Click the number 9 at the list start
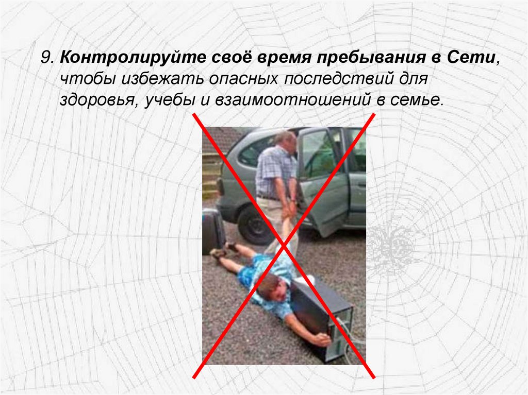click(x=47, y=58)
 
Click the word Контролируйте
click(x=133, y=58)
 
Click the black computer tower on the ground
click(x=325, y=318)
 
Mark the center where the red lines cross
click(x=284, y=246)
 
